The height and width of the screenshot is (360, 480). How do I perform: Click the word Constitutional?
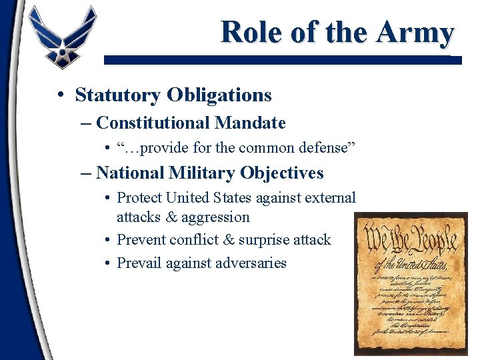tap(153, 123)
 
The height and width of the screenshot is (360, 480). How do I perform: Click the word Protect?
tap(139, 198)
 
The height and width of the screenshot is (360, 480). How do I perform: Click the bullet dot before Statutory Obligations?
tap(60, 95)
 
